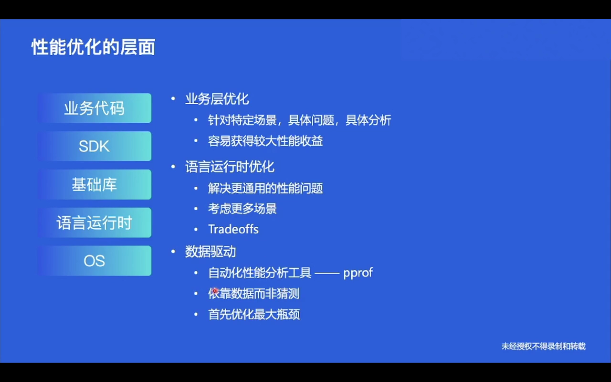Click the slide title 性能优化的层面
(93, 47)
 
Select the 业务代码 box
(95, 108)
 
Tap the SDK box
(95, 146)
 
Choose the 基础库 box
(95, 184)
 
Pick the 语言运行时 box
(95, 223)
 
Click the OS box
(95, 261)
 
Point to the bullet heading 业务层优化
(217, 99)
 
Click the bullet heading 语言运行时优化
(230, 167)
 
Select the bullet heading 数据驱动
(211, 252)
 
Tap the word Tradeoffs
(233, 229)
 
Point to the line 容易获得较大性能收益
(265, 141)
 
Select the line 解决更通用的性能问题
(265, 188)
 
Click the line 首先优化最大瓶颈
(254, 314)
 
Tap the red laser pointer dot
(215, 291)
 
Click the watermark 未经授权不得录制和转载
(543, 346)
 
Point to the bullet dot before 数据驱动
(173, 252)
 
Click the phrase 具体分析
(369, 120)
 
